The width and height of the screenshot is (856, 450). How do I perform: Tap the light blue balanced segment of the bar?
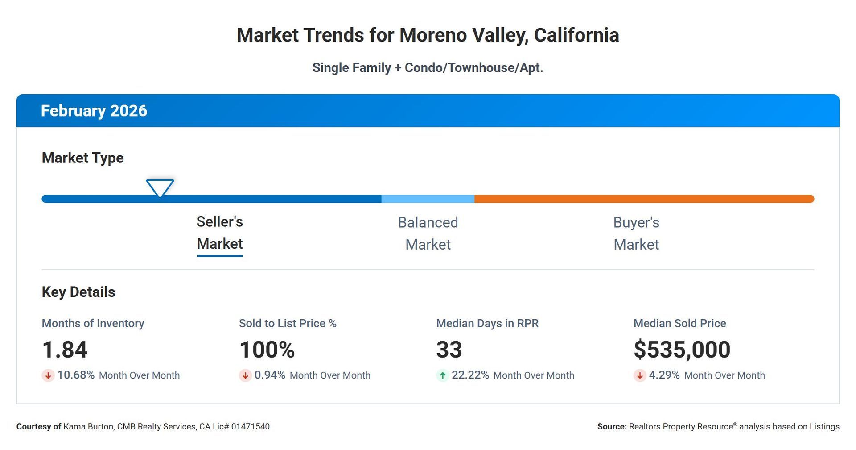(428, 199)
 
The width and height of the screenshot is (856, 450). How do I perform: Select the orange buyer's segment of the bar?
(644, 199)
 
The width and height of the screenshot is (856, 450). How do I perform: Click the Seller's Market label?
(219, 233)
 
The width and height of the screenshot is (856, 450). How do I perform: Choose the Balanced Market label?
(428, 233)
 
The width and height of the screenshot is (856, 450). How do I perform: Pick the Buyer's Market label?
(636, 233)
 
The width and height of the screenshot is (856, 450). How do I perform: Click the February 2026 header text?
(94, 111)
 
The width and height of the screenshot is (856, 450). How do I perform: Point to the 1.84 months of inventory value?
(65, 350)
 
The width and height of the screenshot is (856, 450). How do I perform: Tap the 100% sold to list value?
(267, 350)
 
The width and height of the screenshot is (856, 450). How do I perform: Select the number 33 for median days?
(449, 350)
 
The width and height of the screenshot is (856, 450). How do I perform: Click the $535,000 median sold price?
(682, 350)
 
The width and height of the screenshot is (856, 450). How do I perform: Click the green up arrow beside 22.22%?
(442, 375)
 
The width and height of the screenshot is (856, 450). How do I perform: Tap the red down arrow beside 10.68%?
(48, 375)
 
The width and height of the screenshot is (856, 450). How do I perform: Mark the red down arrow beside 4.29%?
(640, 375)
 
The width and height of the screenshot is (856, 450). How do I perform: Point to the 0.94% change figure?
(270, 375)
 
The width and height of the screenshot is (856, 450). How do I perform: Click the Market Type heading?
(82, 158)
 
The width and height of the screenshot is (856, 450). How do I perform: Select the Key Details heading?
(78, 292)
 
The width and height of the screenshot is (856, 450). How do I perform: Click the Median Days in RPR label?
(487, 323)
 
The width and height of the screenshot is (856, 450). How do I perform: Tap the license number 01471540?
(250, 427)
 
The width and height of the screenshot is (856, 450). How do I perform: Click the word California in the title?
(576, 35)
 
